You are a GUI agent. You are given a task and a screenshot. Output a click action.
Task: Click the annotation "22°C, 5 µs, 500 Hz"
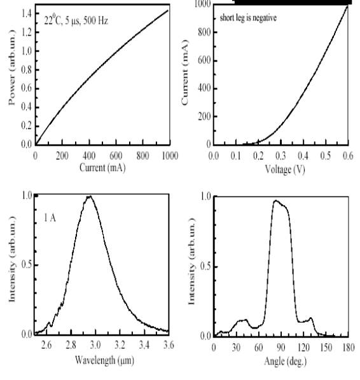click(76, 20)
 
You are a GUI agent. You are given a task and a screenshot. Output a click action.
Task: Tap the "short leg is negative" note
click(248, 18)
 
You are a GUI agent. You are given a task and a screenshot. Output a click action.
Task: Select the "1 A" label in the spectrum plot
click(50, 218)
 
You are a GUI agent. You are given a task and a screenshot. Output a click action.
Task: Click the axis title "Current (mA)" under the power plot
click(102, 168)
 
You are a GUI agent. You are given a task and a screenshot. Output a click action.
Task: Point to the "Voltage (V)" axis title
click(285, 169)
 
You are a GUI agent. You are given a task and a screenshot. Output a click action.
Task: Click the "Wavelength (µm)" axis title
click(104, 360)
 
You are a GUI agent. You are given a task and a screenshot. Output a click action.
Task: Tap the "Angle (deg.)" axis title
click(286, 361)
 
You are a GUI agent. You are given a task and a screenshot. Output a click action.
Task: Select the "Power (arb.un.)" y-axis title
click(11, 67)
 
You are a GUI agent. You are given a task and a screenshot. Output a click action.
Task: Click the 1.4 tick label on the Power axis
click(27, 13)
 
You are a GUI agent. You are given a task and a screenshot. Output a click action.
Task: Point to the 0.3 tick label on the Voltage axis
click(280, 156)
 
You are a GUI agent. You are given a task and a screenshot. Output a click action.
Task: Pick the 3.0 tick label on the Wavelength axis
click(95, 344)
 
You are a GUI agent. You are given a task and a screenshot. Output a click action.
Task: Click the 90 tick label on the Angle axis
click(281, 348)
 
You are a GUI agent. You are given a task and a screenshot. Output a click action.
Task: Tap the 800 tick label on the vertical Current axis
click(205, 32)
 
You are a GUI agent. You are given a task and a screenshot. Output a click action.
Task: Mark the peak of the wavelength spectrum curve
click(90, 196)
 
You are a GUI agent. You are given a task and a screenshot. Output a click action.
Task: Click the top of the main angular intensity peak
click(275, 201)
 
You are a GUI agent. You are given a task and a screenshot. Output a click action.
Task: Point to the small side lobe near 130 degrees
click(310, 318)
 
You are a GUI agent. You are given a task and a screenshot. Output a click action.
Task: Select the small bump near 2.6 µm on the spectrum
click(49, 323)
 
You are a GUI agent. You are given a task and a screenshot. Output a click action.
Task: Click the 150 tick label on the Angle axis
click(326, 348)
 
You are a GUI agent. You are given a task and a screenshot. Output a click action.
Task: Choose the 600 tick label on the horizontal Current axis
click(116, 155)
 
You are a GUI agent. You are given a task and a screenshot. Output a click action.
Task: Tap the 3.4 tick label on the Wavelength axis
click(144, 344)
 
